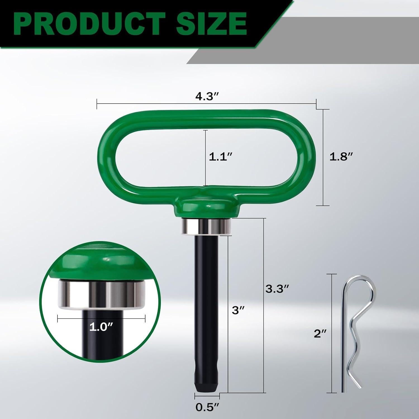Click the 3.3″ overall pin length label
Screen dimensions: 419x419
click(x=277, y=289)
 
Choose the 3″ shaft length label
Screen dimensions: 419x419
click(x=238, y=310)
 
